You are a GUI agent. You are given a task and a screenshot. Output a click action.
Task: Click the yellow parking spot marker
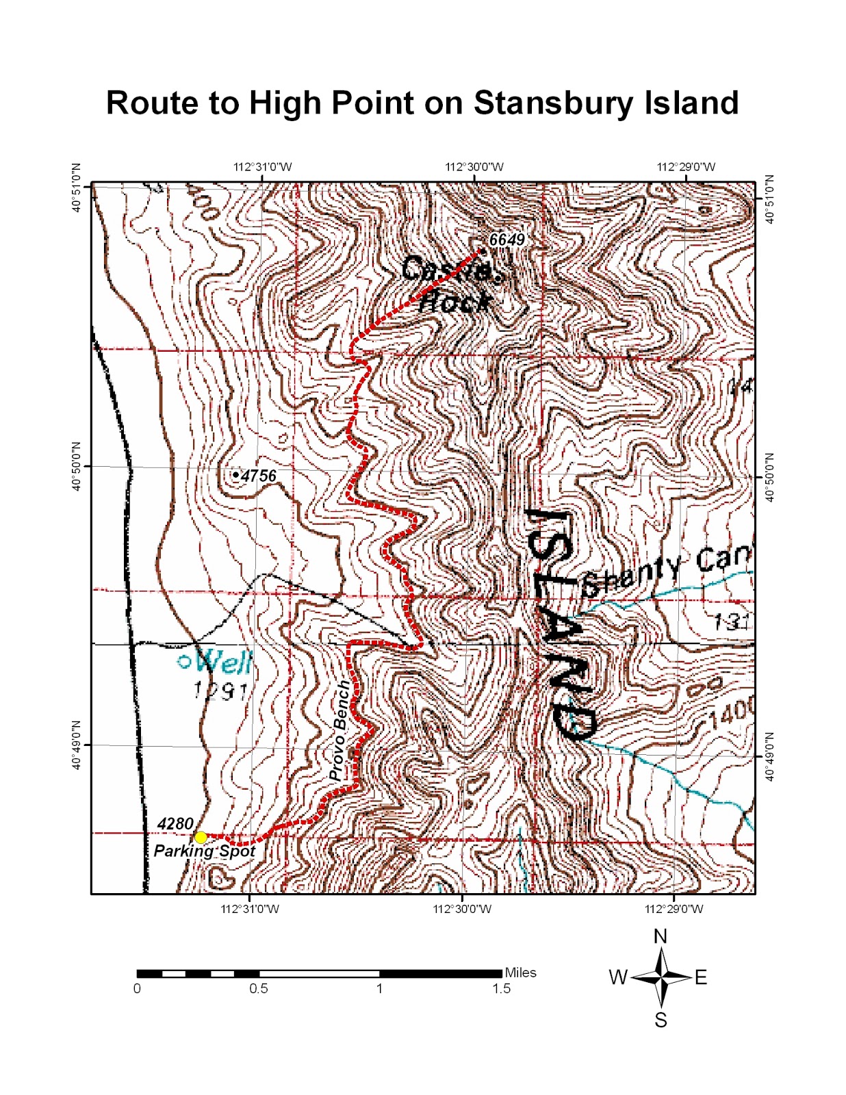pos(201,837)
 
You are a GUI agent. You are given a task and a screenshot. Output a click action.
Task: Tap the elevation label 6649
pos(507,240)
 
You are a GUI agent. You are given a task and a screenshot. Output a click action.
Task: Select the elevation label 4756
pos(259,476)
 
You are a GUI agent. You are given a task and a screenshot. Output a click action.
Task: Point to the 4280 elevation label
pos(175,823)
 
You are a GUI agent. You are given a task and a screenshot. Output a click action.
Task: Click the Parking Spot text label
pos(204,851)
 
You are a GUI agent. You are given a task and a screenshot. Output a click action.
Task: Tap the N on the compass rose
pos(661,936)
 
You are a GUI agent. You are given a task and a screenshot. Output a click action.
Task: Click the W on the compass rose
pos(618,977)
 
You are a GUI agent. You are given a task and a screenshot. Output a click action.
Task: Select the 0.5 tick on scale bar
pos(259,988)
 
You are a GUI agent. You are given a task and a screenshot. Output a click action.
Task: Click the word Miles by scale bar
pos(520,972)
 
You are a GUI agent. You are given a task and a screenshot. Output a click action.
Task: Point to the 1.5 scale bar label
pos(502,988)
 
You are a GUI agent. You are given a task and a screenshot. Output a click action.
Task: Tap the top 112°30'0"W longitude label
pos(474,167)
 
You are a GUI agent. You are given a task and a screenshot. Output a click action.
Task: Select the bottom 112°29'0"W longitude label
pos(674,909)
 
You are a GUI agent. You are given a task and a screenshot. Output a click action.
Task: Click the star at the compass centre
pos(661,977)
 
